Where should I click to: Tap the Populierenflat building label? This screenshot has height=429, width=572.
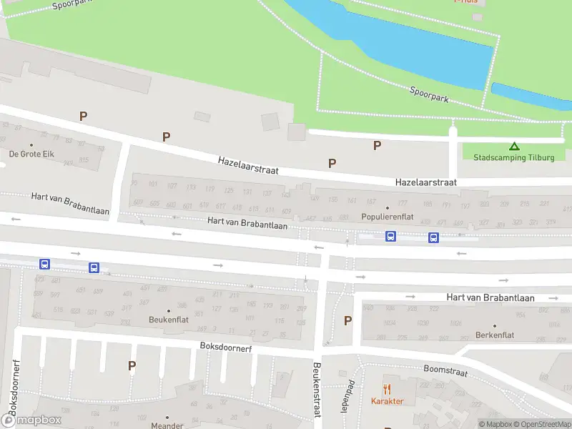(387, 215)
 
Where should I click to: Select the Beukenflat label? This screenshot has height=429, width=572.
(169, 319)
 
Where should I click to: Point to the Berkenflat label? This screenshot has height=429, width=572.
(495, 335)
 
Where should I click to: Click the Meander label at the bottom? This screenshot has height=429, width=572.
(167, 425)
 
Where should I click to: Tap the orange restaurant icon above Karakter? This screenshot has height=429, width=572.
(388, 389)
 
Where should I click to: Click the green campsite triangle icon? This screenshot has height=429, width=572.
(513, 146)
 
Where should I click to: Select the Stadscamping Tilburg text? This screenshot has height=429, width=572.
(513, 157)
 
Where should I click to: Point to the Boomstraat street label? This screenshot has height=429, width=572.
(445, 372)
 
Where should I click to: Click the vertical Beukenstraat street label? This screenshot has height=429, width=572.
(315, 390)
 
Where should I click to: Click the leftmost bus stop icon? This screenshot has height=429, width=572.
(44, 264)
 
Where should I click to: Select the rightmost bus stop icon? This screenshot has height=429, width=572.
(433, 237)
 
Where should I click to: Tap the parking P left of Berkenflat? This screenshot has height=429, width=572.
(347, 321)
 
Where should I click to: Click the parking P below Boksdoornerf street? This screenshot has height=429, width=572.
(132, 366)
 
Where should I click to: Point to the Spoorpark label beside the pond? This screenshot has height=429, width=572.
(429, 94)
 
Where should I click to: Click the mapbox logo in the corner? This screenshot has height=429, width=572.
(31, 420)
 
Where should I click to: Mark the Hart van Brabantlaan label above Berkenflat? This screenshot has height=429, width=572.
(490, 297)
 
